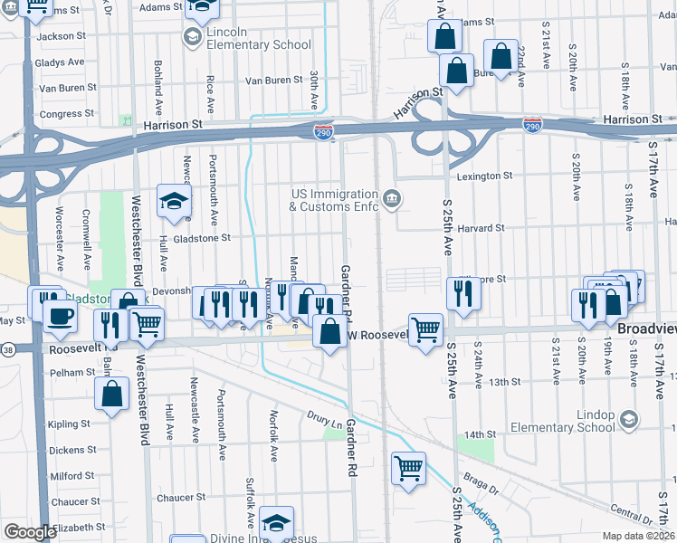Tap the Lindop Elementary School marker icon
tap(629, 419)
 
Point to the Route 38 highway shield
tap(8, 348)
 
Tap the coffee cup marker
tap(61, 317)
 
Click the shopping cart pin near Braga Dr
tap(408, 469)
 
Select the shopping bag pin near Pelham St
tap(111, 394)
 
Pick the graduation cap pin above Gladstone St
tap(173, 202)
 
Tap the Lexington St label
tap(484, 176)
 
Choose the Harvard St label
tap(481, 228)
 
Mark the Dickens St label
tap(72, 450)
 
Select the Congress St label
tap(61, 114)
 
